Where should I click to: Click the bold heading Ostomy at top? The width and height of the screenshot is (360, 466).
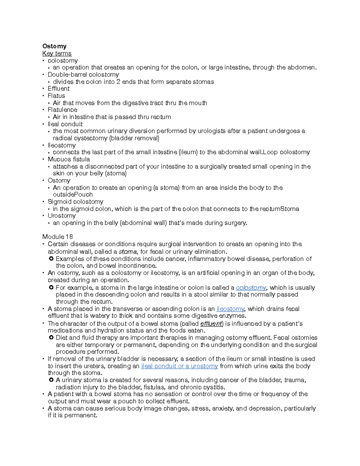coord(54,46)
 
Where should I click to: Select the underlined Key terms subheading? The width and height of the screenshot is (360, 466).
coord(57,53)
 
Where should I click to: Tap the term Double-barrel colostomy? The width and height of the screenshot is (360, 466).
coord(83,74)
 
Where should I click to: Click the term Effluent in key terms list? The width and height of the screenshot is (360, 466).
coord(58,89)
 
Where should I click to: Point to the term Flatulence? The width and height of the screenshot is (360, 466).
coord(62,110)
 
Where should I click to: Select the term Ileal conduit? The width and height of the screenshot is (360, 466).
coord(65,124)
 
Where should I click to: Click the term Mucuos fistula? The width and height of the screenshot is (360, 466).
coord(69,159)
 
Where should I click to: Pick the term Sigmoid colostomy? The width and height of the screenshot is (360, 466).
coord(75,202)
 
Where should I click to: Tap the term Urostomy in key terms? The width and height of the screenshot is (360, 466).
coord(61,216)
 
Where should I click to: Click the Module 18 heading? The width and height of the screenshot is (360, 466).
coord(58,237)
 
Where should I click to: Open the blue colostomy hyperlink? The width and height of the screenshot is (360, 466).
coord(251,288)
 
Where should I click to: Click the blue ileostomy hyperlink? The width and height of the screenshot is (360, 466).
coord(230,309)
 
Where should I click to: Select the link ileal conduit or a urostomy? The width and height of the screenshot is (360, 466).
coord(179,366)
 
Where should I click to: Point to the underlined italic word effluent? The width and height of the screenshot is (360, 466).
coord(211,324)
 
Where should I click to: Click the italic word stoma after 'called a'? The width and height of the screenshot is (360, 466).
coord(128,252)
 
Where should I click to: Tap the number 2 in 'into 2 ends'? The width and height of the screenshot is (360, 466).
coord(118,82)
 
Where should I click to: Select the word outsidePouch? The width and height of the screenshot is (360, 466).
coord(73,194)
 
